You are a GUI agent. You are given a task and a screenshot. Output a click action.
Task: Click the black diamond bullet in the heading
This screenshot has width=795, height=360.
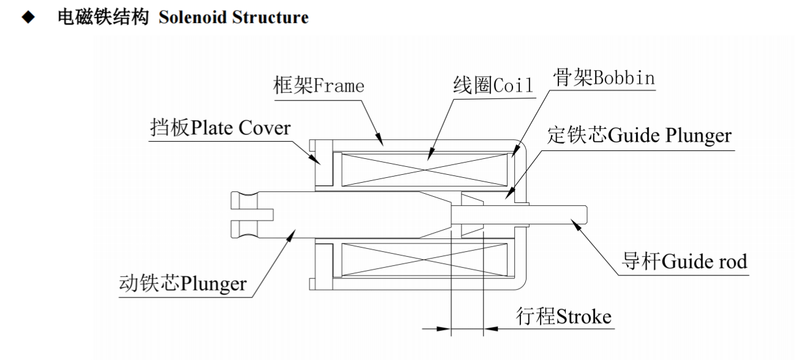coord(28,17)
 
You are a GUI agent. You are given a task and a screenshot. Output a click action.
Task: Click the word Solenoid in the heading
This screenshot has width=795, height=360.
coord(193,17)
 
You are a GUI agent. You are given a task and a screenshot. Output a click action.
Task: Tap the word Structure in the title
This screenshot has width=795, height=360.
coord(270,17)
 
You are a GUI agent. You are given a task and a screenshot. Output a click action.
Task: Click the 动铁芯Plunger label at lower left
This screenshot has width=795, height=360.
coord(183,283)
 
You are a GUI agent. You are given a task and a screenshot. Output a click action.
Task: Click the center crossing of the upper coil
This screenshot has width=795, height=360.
coord(424,169)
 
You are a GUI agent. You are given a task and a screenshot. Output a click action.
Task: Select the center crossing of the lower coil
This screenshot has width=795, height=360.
coord(424,260)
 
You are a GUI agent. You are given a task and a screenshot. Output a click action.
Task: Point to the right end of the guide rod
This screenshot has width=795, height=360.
coord(586,215)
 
